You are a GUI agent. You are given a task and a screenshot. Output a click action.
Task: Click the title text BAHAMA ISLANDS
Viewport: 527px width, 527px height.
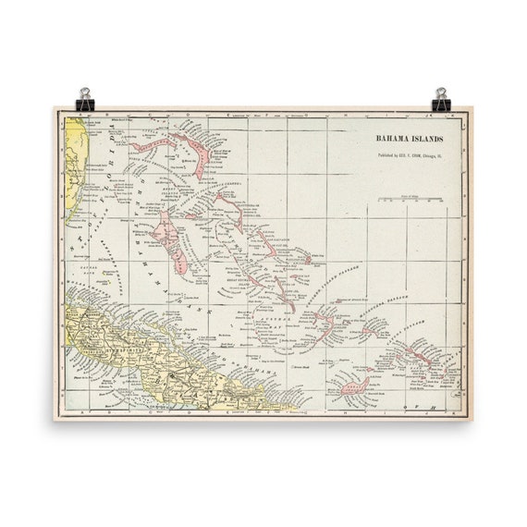coord(408,139)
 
